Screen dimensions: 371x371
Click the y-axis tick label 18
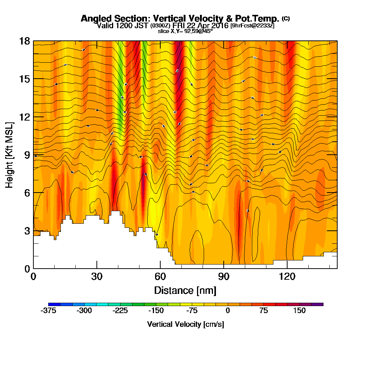(x=24, y=41)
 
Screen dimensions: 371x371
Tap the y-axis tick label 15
(x=24, y=79)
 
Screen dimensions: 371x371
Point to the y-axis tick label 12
(x=24, y=117)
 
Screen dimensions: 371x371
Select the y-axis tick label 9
(x=27, y=155)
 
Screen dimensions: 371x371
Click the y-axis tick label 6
(x=27, y=193)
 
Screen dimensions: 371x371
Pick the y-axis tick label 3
(x=27, y=230)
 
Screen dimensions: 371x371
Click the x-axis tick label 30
(x=97, y=276)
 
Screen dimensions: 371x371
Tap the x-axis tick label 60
(x=160, y=276)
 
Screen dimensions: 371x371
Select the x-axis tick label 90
(x=224, y=276)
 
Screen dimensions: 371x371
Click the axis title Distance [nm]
(x=185, y=290)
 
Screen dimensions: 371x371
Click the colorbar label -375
(x=48, y=311)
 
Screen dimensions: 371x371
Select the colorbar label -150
(x=156, y=311)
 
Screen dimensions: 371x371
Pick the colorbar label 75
(x=263, y=311)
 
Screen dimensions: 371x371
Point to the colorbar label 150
(x=299, y=311)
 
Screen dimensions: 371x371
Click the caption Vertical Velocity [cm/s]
(x=185, y=324)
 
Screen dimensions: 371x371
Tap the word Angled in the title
(x=94, y=19)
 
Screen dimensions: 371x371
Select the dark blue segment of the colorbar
(x=52, y=304)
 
